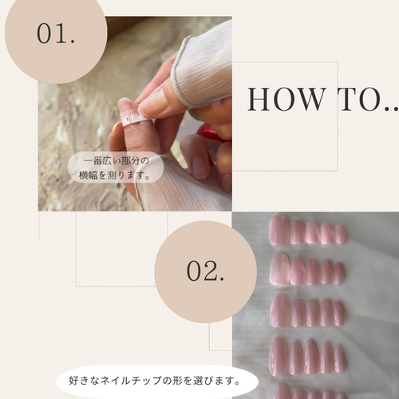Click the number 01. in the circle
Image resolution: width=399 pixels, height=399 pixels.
56,34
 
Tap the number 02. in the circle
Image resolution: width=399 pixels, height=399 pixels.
205,271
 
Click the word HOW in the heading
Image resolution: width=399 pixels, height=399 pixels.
286,100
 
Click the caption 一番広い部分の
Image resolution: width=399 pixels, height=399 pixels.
117,161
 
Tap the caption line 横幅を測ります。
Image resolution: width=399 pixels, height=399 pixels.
114,175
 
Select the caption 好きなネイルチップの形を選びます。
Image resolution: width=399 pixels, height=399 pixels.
155,381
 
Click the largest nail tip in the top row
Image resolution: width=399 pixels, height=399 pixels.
279,231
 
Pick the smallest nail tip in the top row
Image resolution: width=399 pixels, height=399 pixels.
341,234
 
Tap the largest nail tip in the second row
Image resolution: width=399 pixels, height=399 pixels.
279,269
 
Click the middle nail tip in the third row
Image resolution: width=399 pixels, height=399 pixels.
312,313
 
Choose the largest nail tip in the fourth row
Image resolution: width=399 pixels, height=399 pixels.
279,357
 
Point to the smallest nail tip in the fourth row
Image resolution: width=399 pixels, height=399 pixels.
340,358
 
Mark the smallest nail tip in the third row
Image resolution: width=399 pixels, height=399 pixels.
338,314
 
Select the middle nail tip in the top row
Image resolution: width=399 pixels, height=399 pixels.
312,232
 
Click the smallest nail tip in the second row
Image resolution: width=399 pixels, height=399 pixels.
339,274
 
